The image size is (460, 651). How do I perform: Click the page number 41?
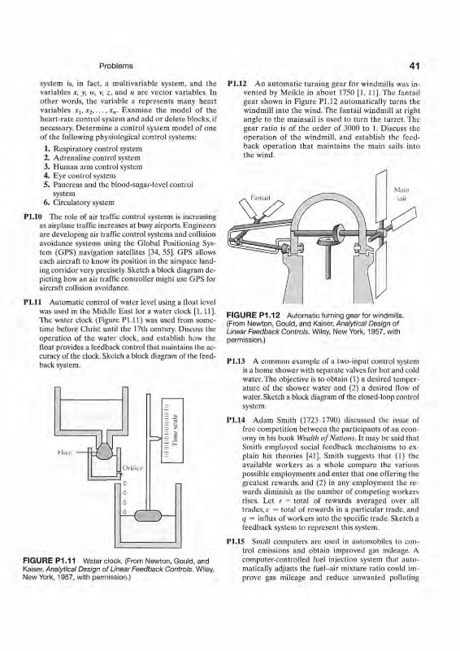[x=414, y=66]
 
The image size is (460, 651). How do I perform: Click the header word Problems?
[x=116, y=66]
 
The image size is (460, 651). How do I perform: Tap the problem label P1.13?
[x=235, y=362]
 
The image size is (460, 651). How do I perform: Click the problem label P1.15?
[x=235, y=542]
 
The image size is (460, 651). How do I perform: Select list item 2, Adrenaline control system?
[x=92, y=158]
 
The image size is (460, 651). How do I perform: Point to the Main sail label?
[x=401, y=194]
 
